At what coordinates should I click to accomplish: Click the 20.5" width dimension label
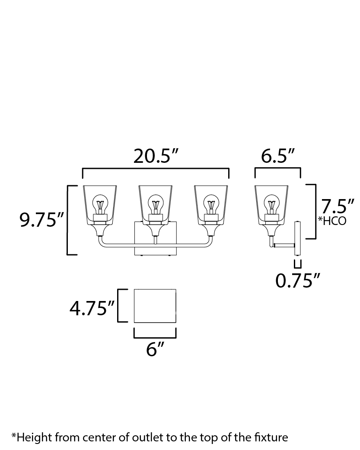click(x=156, y=156)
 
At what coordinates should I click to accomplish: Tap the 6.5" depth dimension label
click(x=278, y=156)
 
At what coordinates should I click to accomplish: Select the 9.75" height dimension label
click(x=41, y=220)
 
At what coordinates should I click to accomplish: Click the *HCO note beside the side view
click(x=332, y=220)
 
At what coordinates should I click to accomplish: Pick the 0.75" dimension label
click(x=297, y=280)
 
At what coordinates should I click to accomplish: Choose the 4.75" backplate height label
click(x=92, y=308)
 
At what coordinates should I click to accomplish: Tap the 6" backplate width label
click(x=155, y=349)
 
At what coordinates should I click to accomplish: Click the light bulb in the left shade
click(x=100, y=204)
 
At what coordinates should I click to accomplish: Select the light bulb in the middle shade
click(x=156, y=204)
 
